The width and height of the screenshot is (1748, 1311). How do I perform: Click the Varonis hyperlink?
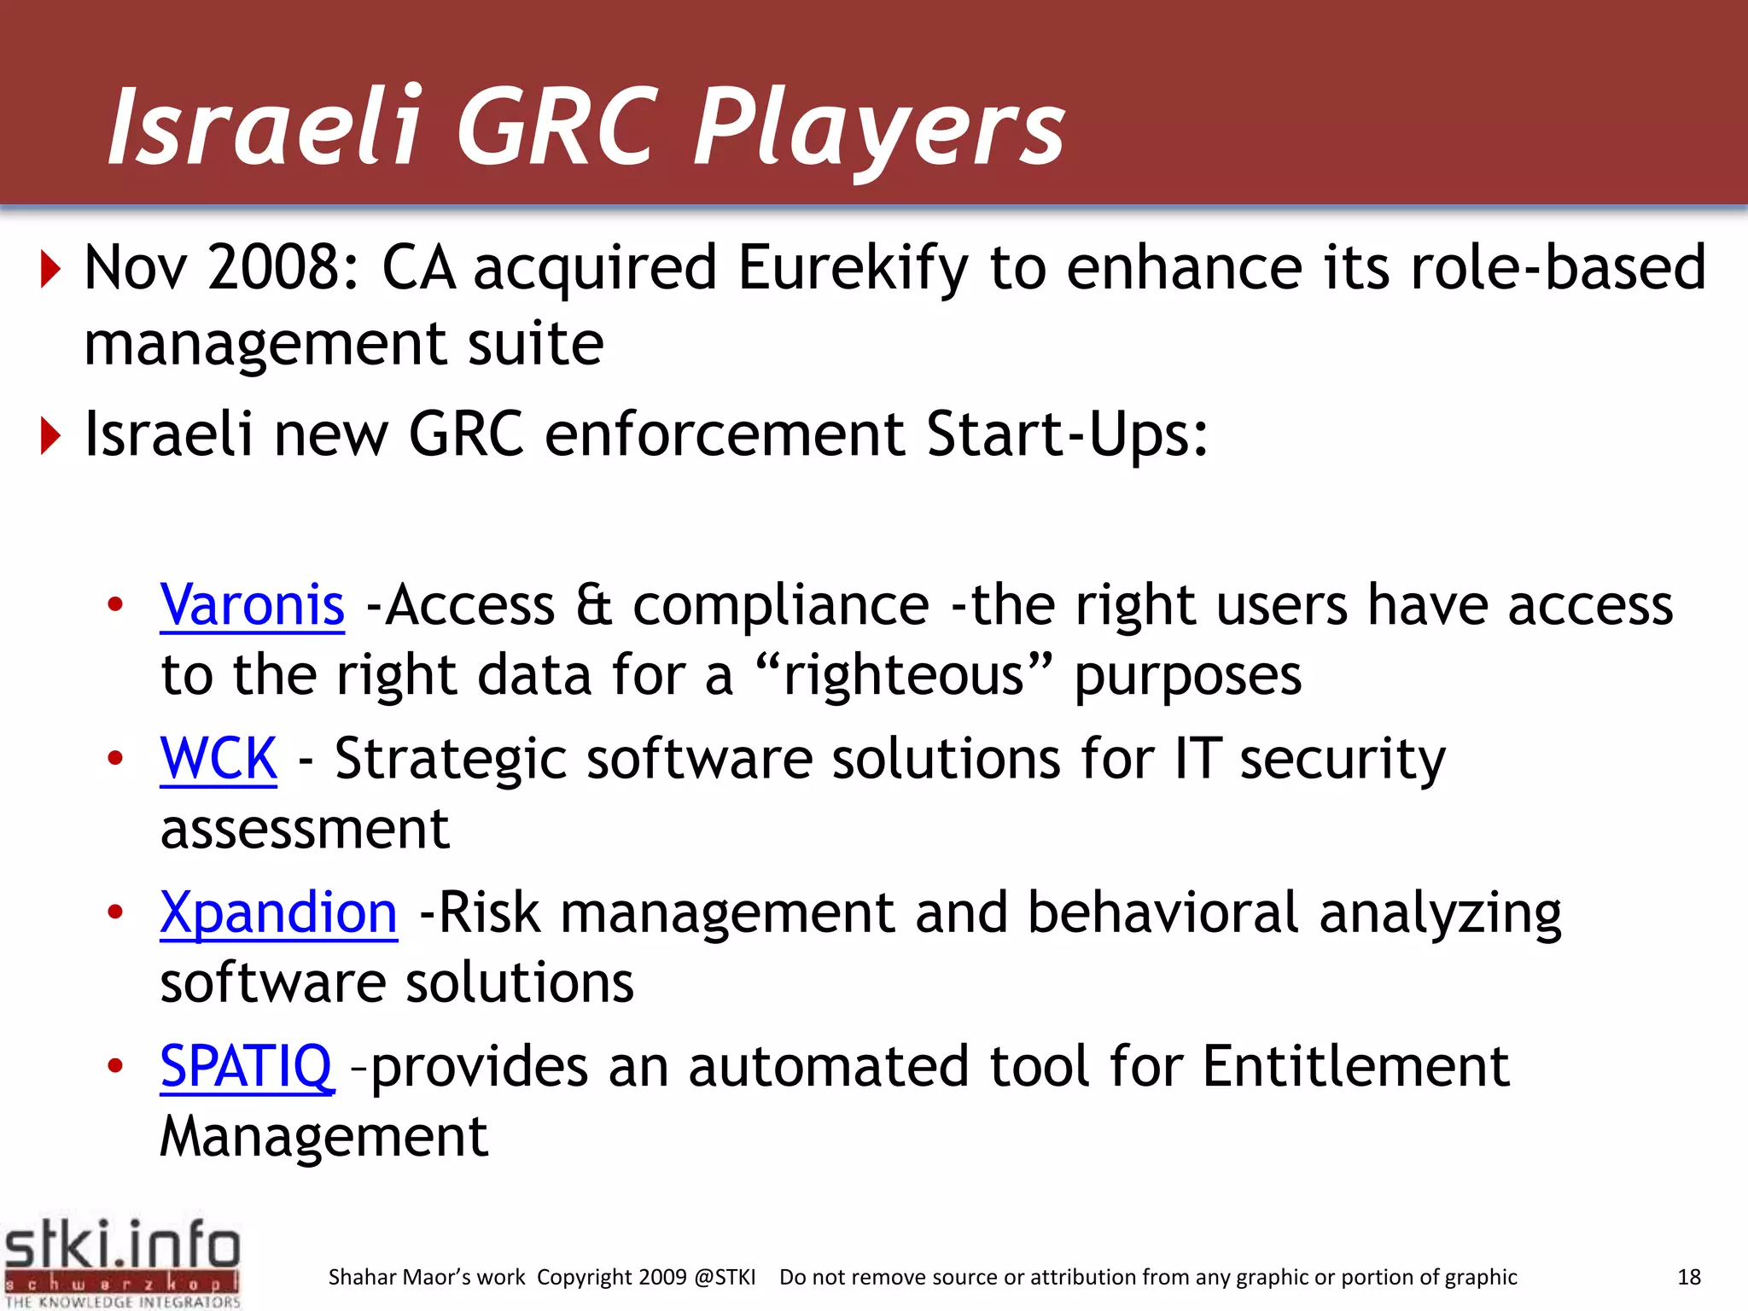tap(252, 605)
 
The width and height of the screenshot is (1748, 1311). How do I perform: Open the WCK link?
tap(218, 758)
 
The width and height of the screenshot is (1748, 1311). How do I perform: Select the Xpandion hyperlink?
tap(278, 912)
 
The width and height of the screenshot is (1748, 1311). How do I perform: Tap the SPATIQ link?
tap(246, 1066)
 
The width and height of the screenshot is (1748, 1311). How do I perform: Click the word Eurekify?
tap(853, 268)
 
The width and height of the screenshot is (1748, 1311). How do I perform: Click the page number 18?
tap(1689, 1277)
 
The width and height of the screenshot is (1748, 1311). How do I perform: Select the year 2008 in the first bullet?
tap(275, 268)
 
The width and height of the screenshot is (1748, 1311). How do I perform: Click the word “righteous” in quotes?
tap(904, 675)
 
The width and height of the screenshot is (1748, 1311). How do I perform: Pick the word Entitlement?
tap(1355, 1066)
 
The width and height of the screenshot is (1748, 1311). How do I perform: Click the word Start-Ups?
tap(1067, 434)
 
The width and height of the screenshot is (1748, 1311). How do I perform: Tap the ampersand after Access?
tap(593, 605)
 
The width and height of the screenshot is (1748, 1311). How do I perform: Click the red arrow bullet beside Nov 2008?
tap(52, 269)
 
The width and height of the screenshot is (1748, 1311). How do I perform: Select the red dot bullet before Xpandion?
tap(115, 912)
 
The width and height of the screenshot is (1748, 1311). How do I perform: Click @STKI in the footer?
tap(725, 1277)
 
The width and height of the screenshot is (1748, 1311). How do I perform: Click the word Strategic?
tap(450, 758)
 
